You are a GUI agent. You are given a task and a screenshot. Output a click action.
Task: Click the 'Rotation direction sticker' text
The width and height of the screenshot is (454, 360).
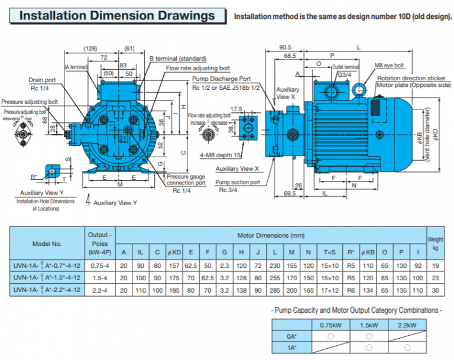(x=411, y=78)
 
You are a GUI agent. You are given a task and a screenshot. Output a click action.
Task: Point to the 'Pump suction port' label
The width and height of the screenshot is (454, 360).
(x=237, y=182)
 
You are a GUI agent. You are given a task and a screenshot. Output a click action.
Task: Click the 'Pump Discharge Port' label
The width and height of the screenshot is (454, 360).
(x=221, y=79)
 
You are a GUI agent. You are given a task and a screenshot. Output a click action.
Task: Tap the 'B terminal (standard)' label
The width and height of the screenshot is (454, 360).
(x=178, y=59)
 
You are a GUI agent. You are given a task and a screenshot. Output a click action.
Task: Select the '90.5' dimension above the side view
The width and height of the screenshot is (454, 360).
(x=286, y=47)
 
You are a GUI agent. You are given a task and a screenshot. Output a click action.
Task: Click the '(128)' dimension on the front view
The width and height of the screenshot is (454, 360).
(x=90, y=48)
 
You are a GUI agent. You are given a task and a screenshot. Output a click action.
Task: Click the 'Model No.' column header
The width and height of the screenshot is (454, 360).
(x=48, y=244)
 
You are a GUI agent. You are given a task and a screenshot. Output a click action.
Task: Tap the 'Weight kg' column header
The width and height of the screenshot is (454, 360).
(x=435, y=243)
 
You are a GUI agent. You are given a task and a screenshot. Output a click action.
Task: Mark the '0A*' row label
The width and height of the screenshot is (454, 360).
(x=292, y=336)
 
